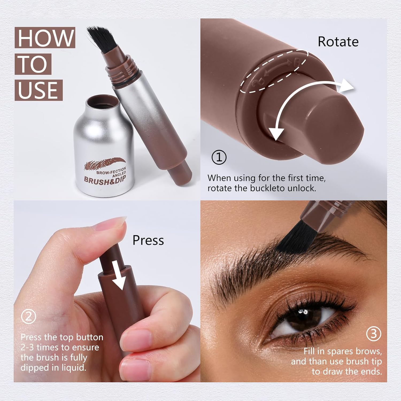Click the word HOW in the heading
pyautogui.click(x=45, y=38)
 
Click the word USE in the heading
pyautogui.click(x=38, y=90)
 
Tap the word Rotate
pyautogui.click(x=338, y=42)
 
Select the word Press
pyautogui.click(x=148, y=240)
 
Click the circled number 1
pyautogui.click(x=219, y=157)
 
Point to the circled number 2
pyautogui.click(x=28, y=317)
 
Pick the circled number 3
pyautogui.click(x=373, y=334)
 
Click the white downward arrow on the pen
pyautogui.click(x=118, y=275)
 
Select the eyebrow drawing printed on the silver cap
pyautogui.click(x=105, y=163)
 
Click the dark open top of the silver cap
pyautogui.click(x=103, y=102)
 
